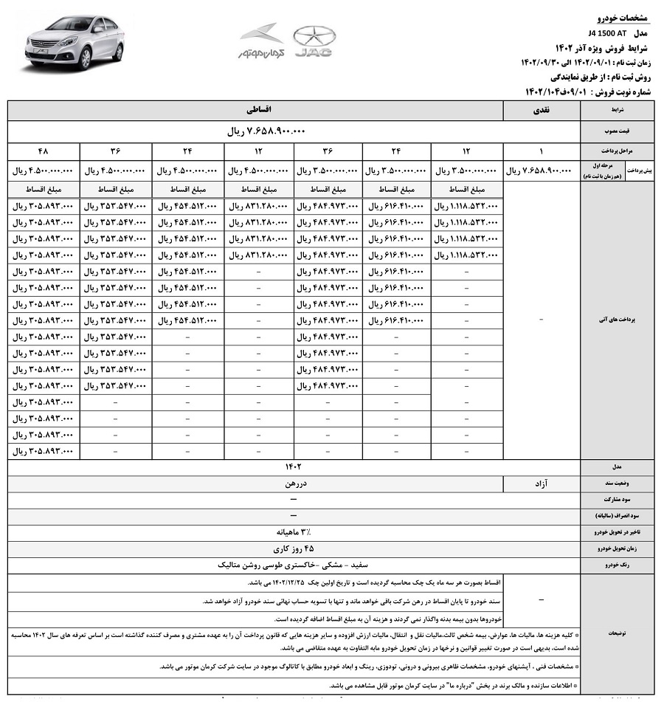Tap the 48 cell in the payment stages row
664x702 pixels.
44,151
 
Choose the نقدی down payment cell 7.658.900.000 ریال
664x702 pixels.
541,171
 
